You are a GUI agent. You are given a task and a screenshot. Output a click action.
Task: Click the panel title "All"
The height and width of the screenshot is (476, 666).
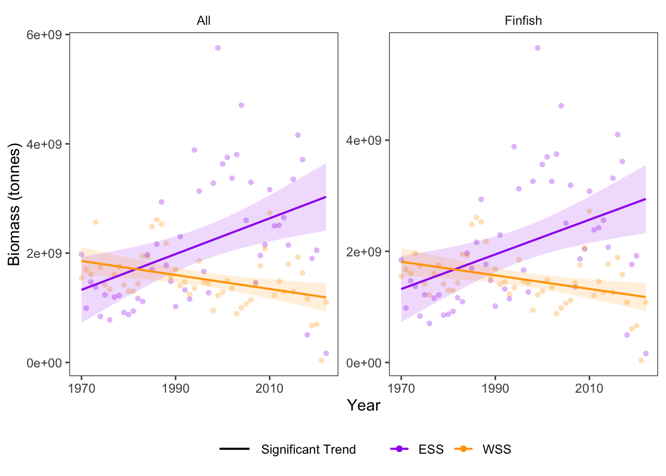click(203, 21)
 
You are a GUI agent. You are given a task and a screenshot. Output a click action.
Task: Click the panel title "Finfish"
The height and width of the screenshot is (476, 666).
click(523, 21)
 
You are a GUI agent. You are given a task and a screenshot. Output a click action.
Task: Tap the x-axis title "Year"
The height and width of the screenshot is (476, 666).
click(363, 406)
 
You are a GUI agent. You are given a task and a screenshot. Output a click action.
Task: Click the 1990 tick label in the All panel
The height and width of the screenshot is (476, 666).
click(175, 388)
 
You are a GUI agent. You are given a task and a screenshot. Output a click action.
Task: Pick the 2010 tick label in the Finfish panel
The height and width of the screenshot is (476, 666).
click(589, 388)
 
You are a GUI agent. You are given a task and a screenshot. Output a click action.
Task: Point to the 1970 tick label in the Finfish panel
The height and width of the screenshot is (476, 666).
click(401, 388)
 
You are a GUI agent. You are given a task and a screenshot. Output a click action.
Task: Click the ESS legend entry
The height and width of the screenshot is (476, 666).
click(431, 449)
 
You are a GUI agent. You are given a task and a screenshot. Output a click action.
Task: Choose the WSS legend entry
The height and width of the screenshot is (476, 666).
click(496, 449)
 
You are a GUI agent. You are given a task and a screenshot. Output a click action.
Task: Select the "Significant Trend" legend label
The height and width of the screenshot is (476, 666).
click(308, 449)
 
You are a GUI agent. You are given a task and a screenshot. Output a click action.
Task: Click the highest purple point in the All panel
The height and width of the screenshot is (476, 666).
click(218, 48)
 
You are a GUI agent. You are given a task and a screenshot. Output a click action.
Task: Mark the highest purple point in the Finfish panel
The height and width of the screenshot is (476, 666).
click(537, 48)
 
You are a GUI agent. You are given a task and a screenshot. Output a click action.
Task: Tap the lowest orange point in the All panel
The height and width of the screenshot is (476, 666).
click(321, 360)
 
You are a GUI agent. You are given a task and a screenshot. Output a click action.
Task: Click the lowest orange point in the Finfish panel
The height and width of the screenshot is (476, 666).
click(641, 360)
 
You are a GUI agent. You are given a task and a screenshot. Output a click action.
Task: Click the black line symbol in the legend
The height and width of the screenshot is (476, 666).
click(234, 449)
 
